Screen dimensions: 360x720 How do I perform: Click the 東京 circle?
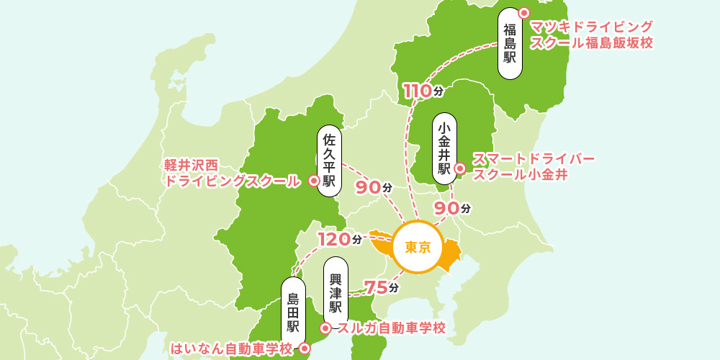(418, 248)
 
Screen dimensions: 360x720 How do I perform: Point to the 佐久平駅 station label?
(329, 159)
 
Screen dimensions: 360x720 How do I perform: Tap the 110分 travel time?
(423, 91)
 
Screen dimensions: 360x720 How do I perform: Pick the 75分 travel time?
(381, 287)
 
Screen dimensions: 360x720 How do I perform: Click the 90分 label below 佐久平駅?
(373, 186)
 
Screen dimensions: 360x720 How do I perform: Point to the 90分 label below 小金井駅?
(451, 207)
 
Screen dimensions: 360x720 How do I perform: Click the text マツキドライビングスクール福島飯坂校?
(591, 35)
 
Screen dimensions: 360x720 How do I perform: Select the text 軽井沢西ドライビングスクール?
(232, 174)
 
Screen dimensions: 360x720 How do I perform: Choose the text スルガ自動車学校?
(391, 328)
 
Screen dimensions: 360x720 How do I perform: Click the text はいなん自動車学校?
(231, 349)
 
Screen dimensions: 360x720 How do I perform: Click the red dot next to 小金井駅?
(460, 170)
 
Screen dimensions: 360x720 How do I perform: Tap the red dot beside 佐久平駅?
(313, 181)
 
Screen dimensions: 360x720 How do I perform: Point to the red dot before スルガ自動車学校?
(325, 328)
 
